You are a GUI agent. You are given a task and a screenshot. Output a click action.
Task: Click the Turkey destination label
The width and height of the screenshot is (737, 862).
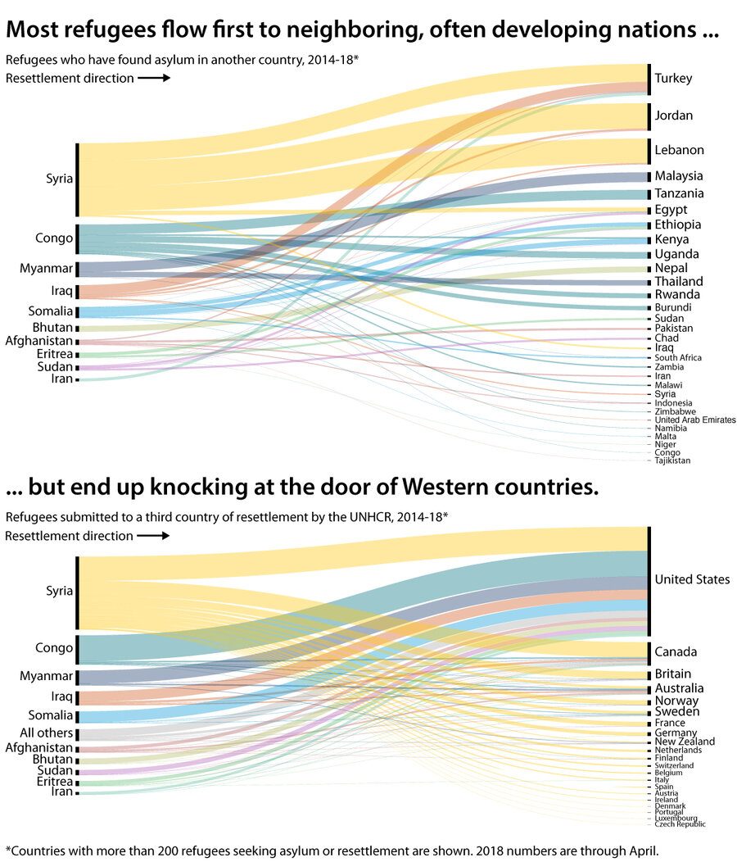673,79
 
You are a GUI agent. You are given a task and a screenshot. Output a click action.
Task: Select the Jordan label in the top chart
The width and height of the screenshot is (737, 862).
673,116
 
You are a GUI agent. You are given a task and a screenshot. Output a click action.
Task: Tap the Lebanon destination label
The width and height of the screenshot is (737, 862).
679,151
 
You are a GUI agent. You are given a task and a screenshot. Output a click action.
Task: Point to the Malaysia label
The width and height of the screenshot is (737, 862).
679,176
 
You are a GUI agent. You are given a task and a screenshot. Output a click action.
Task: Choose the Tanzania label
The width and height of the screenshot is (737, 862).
679,194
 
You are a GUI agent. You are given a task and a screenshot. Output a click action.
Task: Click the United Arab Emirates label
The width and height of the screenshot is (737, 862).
695,420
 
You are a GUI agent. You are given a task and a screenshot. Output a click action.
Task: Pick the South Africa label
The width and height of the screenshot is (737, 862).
678,358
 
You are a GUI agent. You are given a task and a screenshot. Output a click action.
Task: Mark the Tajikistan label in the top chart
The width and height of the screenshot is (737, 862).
672,460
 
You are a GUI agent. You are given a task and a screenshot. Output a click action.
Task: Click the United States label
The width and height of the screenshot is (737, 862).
692,580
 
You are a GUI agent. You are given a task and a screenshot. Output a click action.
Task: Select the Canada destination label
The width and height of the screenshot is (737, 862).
676,652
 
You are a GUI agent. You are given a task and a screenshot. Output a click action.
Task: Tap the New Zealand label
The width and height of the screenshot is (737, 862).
685,742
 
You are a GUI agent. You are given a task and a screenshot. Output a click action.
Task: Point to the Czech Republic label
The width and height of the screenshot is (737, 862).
680,823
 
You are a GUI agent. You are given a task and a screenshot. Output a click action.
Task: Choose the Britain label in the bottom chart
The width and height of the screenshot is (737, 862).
673,674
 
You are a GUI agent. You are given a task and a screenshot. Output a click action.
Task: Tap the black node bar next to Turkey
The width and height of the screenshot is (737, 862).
649,79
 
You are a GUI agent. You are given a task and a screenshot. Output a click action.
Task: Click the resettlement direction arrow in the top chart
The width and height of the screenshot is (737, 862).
153,79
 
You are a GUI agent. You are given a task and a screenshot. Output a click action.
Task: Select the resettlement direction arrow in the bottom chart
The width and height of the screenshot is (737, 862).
153,536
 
